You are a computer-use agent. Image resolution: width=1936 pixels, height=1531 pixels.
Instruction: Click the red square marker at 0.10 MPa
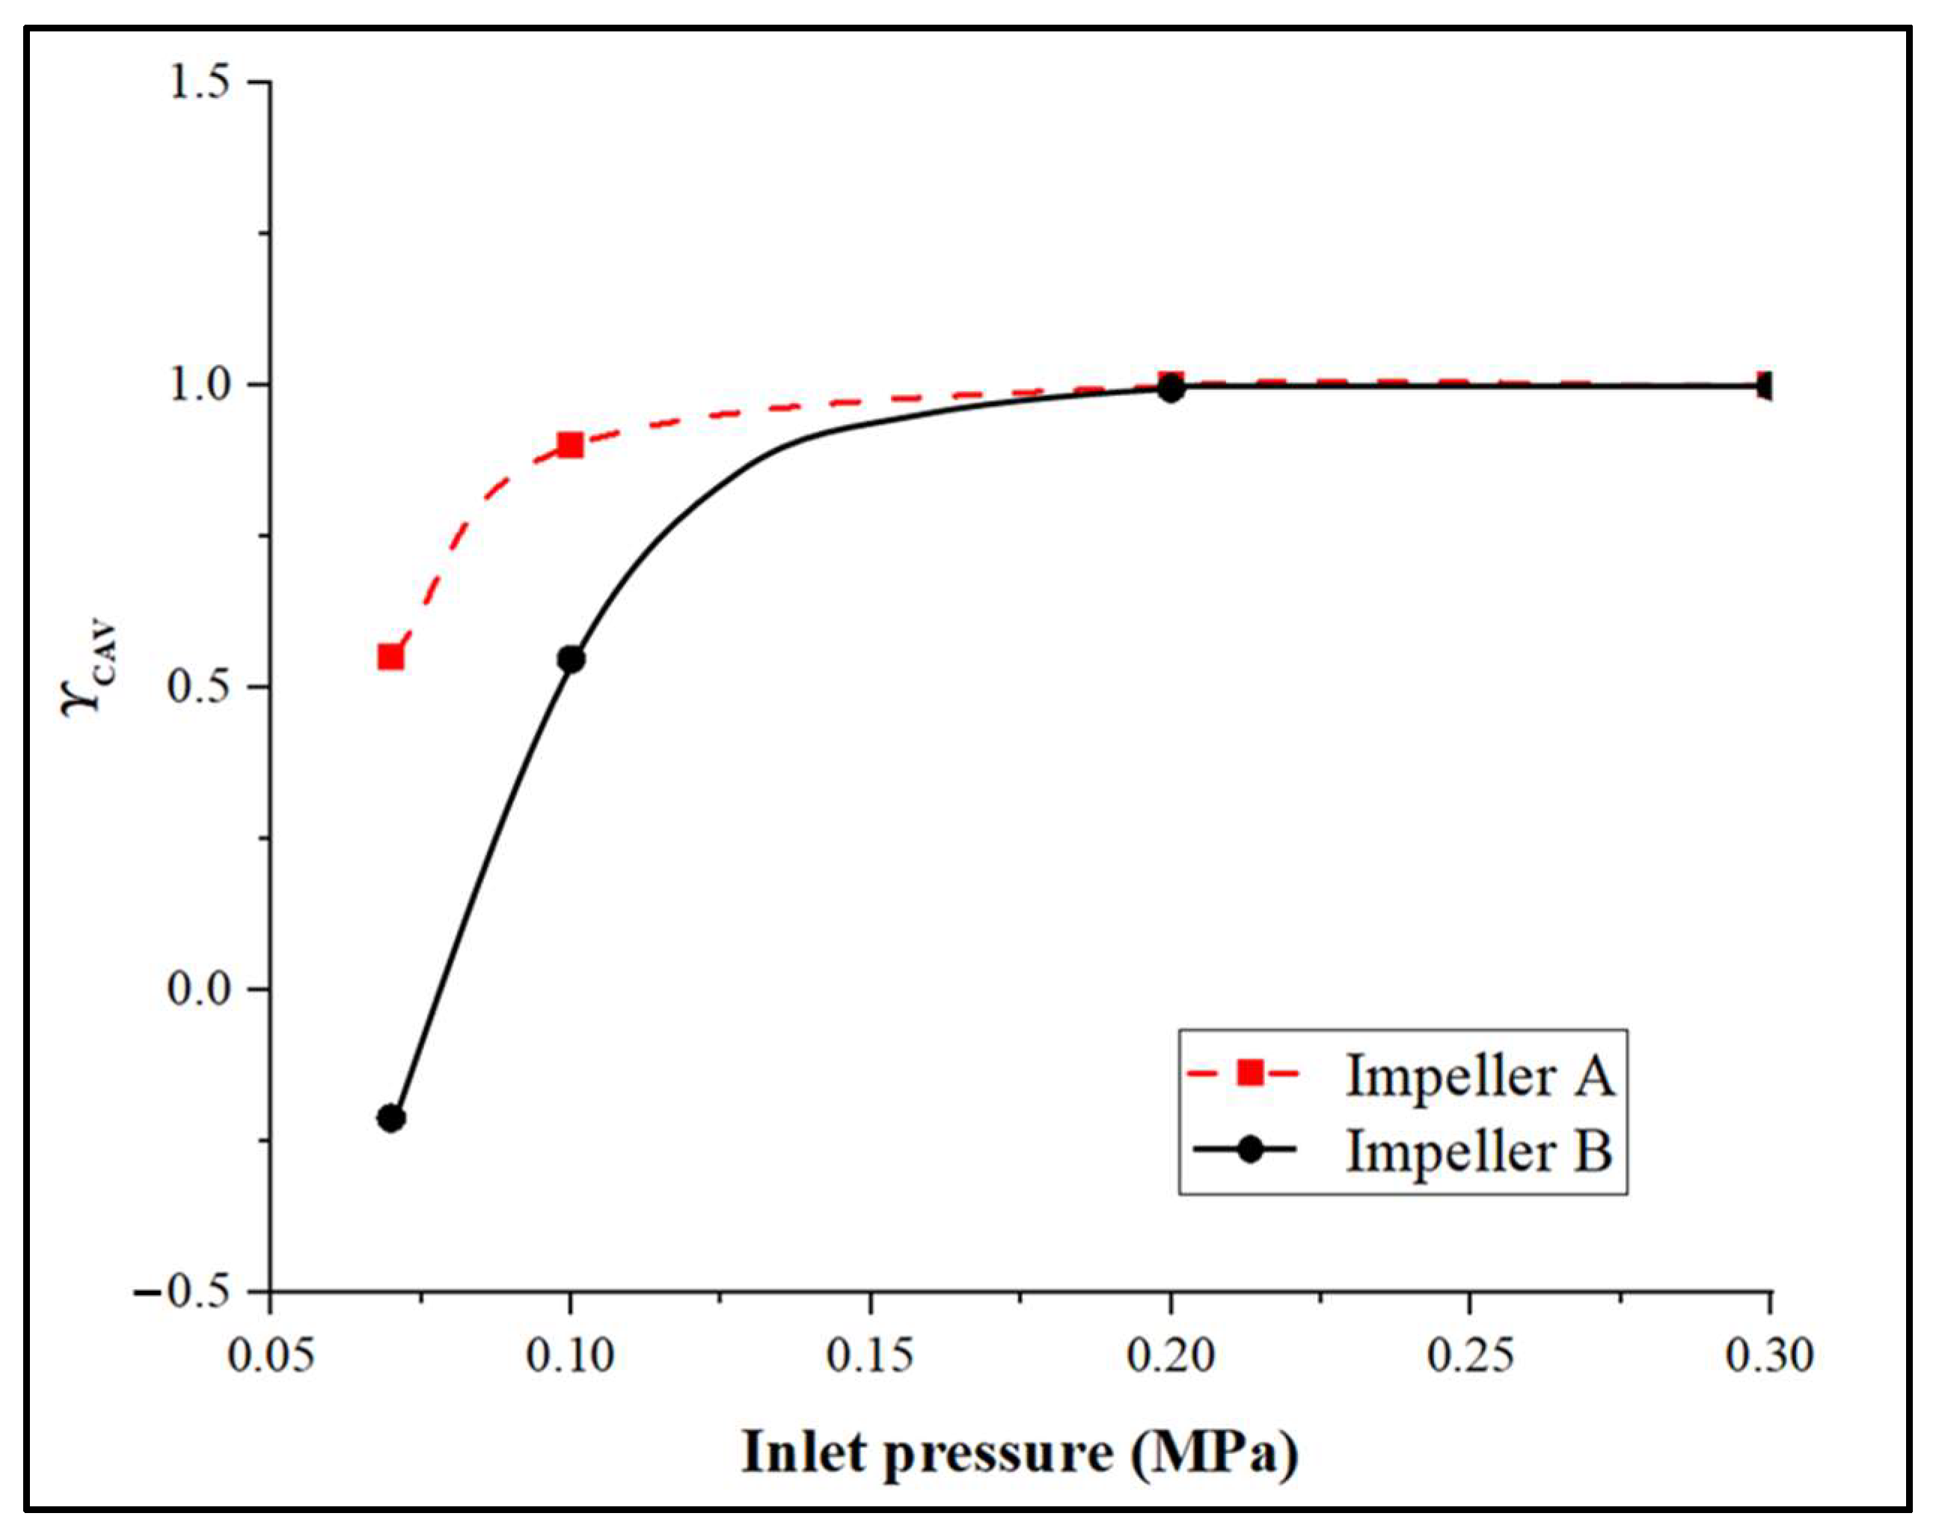click(x=570, y=444)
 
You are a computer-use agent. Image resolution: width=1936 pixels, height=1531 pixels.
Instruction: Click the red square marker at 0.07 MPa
click(x=390, y=657)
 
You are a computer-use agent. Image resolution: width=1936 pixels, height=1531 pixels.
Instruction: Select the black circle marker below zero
click(x=390, y=1118)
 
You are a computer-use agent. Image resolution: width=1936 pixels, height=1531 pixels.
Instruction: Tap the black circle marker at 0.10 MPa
click(x=571, y=659)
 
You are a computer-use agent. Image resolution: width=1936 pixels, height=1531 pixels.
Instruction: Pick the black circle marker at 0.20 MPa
click(x=1170, y=388)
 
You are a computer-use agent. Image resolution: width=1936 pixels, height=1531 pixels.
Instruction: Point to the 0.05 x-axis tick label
click(x=271, y=1354)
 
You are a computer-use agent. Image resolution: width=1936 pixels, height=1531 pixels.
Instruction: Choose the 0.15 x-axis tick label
click(x=869, y=1354)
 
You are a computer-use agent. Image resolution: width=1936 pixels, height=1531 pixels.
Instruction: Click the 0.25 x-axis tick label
click(x=1470, y=1354)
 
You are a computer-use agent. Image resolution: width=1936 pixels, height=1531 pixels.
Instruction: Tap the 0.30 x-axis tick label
click(x=1769, y=1354)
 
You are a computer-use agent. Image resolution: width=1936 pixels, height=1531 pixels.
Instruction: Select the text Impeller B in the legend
click(x=1480, y=1150)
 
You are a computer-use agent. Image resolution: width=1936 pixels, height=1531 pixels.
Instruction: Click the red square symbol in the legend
click(x=1249, y=1073)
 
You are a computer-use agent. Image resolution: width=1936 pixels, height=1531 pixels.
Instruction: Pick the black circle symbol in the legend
click(x=1249, y=1150)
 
